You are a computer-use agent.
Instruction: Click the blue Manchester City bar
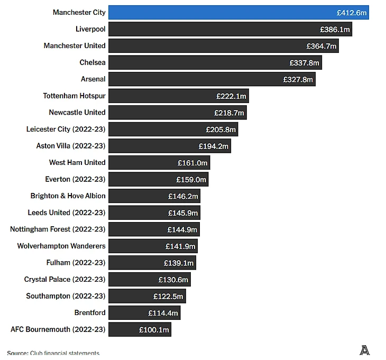(238, 12)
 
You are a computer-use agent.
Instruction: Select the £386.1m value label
(335, 30)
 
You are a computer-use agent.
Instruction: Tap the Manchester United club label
(75, 46)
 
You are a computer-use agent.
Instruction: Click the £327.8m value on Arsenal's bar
(298, 79)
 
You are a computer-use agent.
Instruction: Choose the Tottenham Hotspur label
(74, 96)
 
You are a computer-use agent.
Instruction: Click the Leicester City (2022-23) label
(66, 130)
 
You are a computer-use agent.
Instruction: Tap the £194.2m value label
(214, 146)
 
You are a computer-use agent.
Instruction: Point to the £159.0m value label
(191, 180)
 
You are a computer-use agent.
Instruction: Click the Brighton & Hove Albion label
(68, 196)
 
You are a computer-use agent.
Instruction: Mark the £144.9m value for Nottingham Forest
(182, 229)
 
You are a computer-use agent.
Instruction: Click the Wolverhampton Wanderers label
(61, 246)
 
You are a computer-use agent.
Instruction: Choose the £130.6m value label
(173, 280)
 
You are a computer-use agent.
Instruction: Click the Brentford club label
(90, 313)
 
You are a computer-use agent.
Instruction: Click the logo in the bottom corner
(364, 349)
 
